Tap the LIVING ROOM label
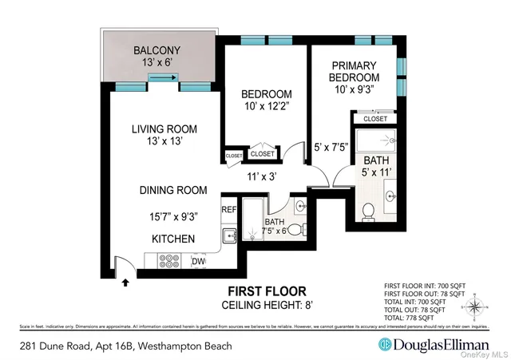pyautogui.click(x=164, y=129)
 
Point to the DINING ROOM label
pyautogui.click(x=172, y=191)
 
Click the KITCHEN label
pyautogui.click(x=173, y=239)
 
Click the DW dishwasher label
pyautogui.click(x=199, y=261)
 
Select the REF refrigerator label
pyautogui.click(x=228, y=210)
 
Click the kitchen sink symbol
pyautogui.click(x=228, y=235)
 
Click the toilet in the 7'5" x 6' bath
pyautogui.click(x=295, y=230)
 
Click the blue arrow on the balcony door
pyautogui.click(x=162, y=77)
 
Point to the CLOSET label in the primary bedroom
pyautogui.click(x=374, y=119)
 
